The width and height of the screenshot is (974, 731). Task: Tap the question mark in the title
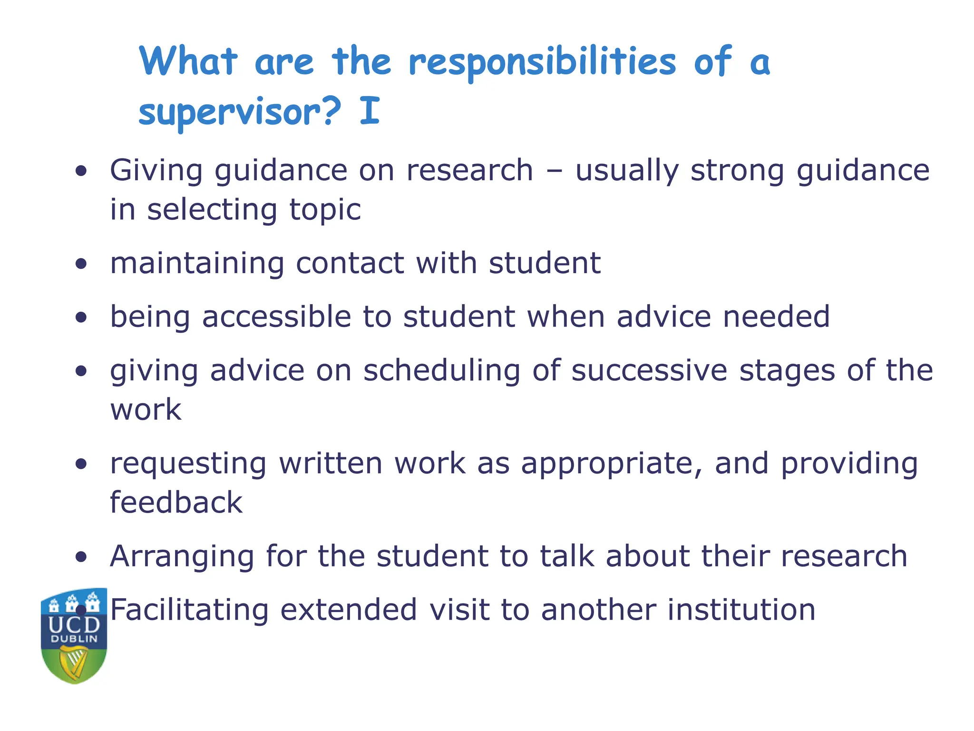pyautogui.click(x=331, y=110)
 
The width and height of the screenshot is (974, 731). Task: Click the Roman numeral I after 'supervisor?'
pyautogui.click(x=370, y=110)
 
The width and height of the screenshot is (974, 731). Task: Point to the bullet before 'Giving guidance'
pyautogui.click(x=81, y=171)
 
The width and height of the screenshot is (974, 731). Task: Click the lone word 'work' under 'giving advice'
pyautogui.click(x=146, y=410)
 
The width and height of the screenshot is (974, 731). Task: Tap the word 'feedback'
pyautogui.click(x=176, y=503)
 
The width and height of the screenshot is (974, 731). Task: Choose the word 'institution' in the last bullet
pyautogui.click(x=741, y=610)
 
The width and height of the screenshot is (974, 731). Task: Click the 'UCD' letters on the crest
pyautogui.click(x=74, y=624)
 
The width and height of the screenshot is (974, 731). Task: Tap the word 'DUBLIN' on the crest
pyautogui.click(x=74, y=639)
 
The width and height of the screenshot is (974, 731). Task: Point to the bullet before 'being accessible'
pyautogui.click(x=81, y=317)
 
